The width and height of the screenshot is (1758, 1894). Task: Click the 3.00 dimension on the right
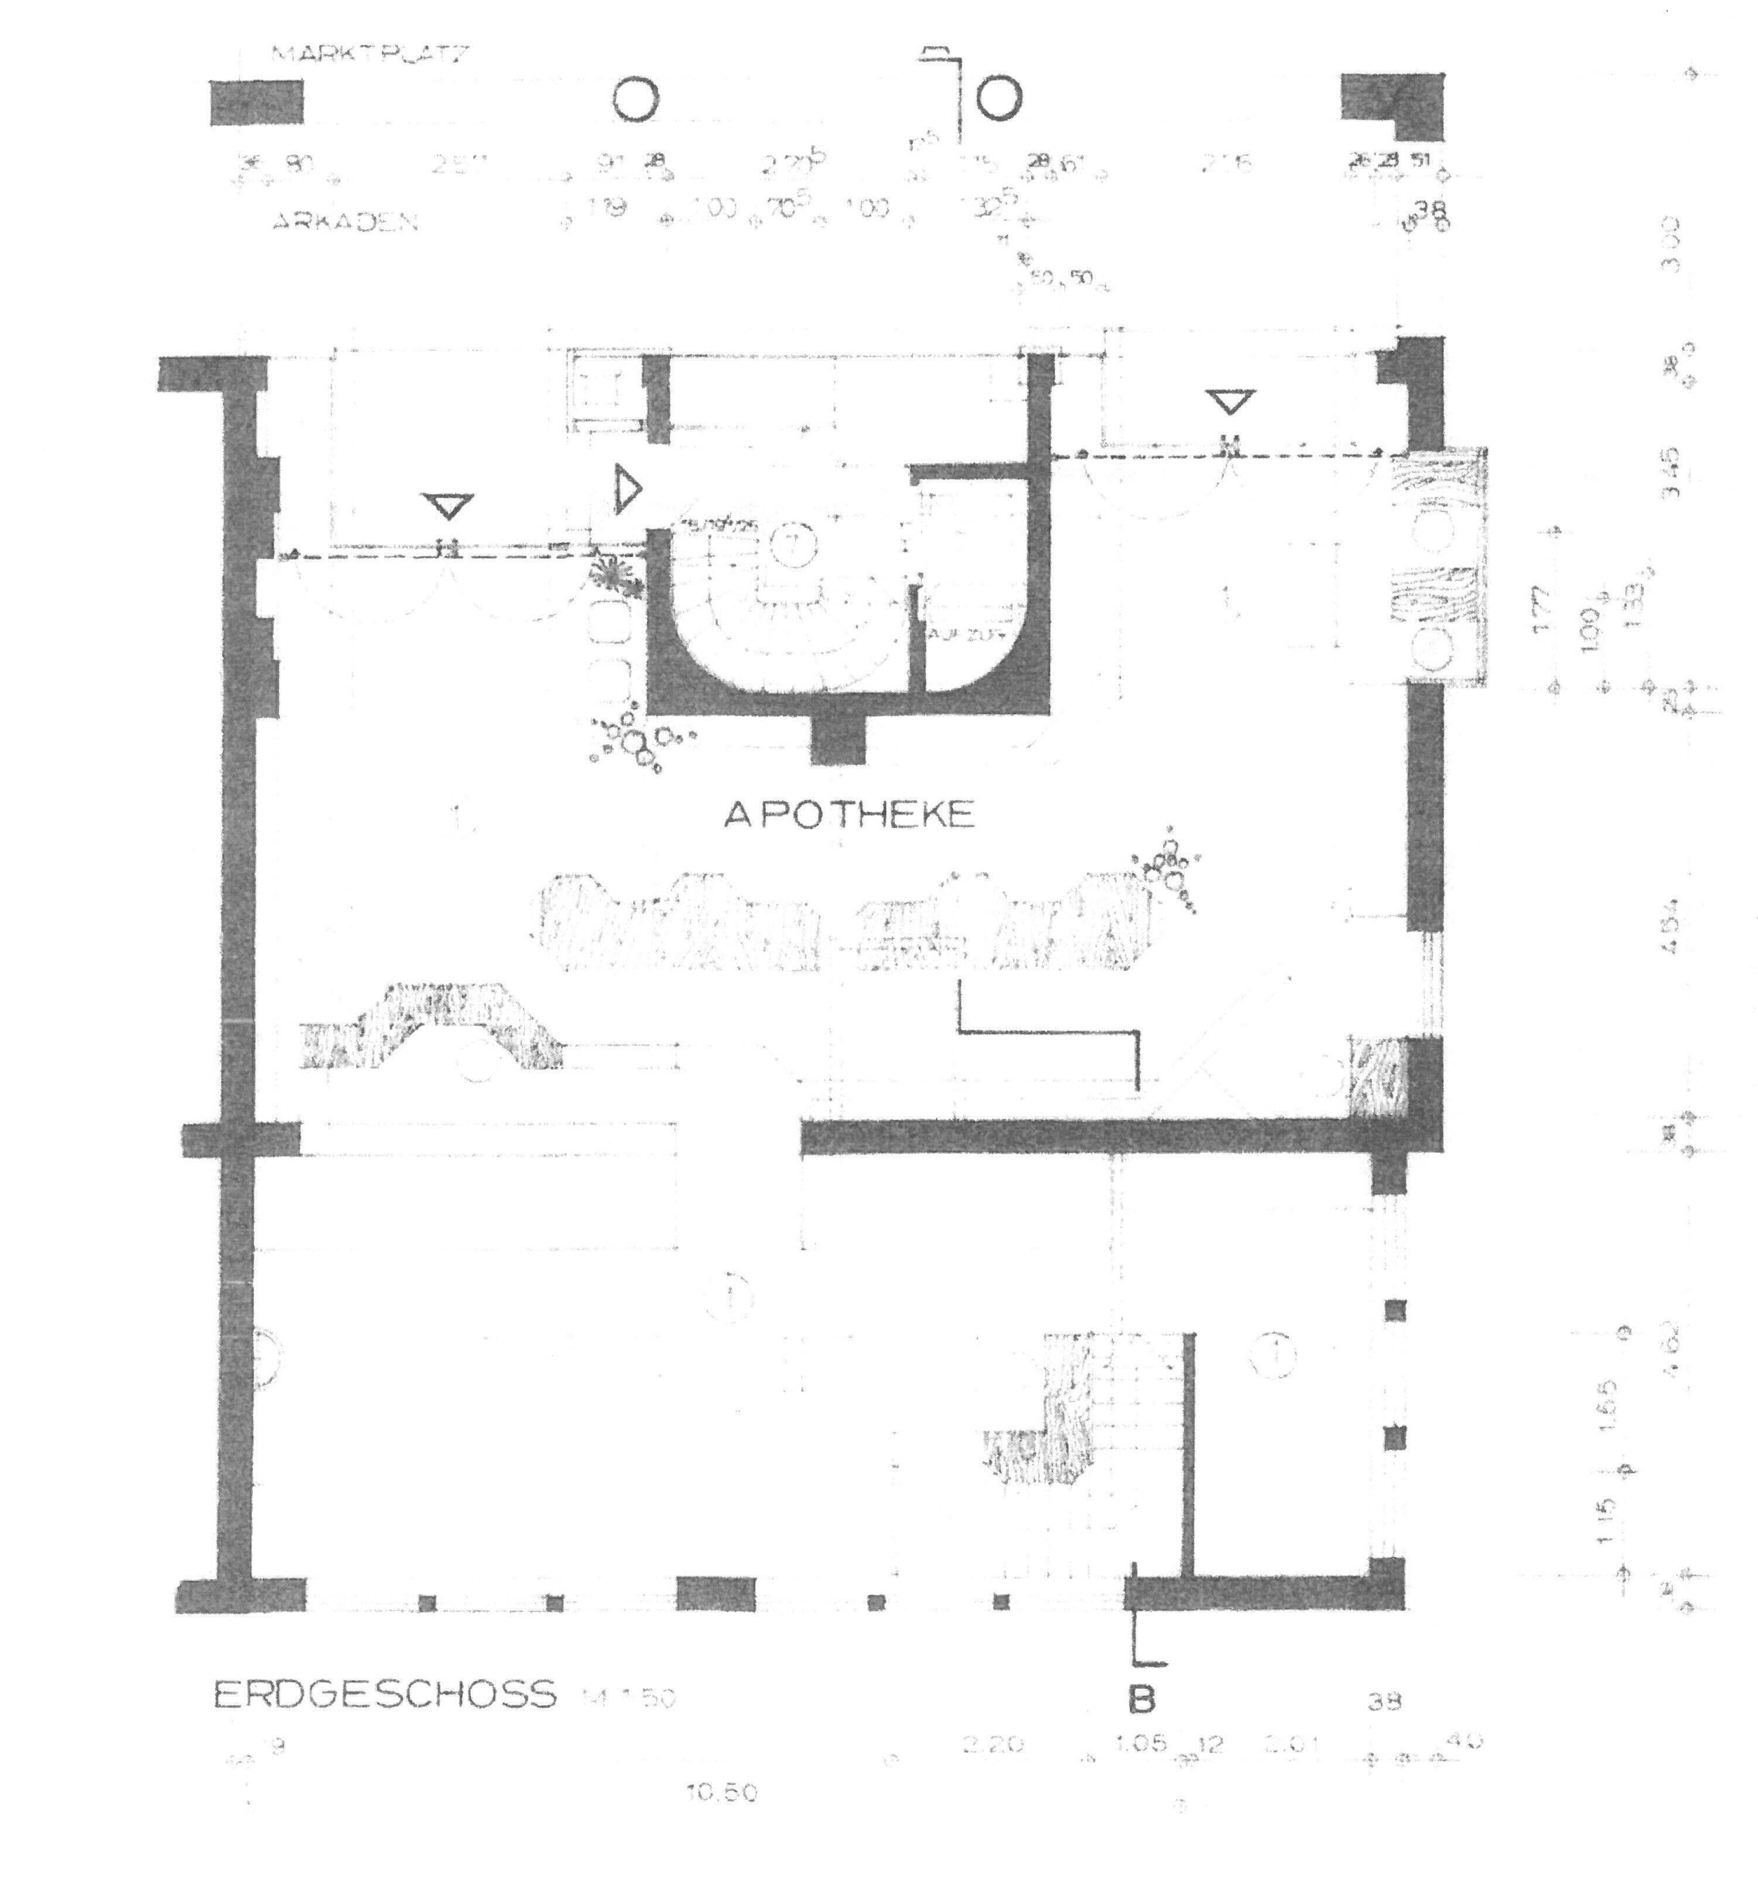click(1671, 244)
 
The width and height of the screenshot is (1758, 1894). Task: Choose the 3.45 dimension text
click(1671, 473)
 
